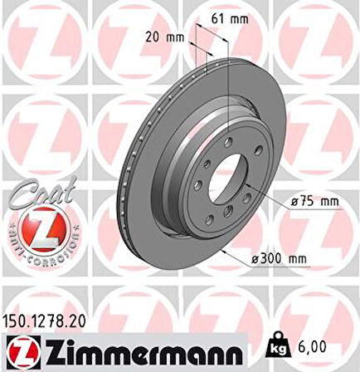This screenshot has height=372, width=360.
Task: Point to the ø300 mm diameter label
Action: (x=279, y=260)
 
